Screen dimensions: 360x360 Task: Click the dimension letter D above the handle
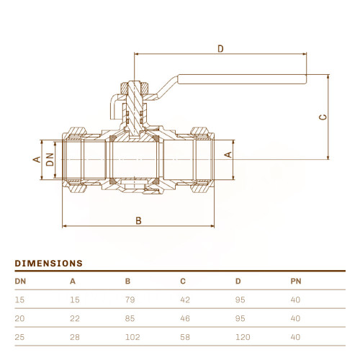click(220, 49)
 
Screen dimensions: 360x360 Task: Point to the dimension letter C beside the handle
click(323, 117)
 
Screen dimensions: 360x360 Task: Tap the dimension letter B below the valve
click(138, 220)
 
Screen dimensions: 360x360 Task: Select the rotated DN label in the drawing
click(50, 160)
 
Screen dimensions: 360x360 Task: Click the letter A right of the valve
click(228, 155)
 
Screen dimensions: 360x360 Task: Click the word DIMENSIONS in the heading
click(49, 264)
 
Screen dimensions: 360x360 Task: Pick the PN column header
click(296, 281)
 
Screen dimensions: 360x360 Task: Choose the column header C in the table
click(183, 281)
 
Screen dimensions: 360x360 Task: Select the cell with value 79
click(130, 300)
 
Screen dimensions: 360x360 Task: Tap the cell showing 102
click(132, 337)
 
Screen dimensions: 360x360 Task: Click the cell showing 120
click(243, 337)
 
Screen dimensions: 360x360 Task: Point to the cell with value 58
click(185, 337)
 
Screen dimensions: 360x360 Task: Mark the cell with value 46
click(185, 318)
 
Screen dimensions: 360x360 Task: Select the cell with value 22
click(75, 318)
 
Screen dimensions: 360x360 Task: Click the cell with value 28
click(75, 337)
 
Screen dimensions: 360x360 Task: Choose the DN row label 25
click(19, 337)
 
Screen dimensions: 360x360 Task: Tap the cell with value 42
click(185, 300)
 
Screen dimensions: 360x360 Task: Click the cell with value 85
click(130, 318)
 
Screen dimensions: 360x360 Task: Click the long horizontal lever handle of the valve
click(242, 79)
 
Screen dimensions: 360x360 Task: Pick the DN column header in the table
click(20, 281)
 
